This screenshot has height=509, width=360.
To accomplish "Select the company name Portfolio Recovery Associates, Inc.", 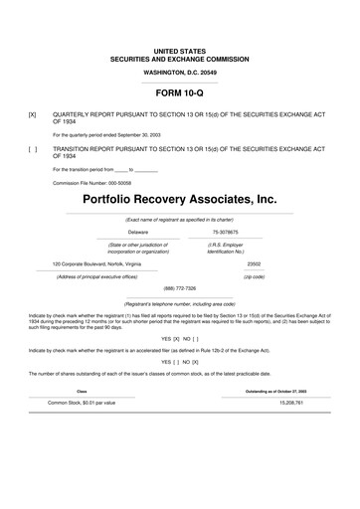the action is point(179,200).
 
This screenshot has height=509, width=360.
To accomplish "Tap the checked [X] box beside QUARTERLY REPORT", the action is point(34,114).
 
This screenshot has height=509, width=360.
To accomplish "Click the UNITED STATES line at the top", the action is point(180,49).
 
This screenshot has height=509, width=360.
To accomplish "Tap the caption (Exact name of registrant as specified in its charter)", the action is point(179,218).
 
